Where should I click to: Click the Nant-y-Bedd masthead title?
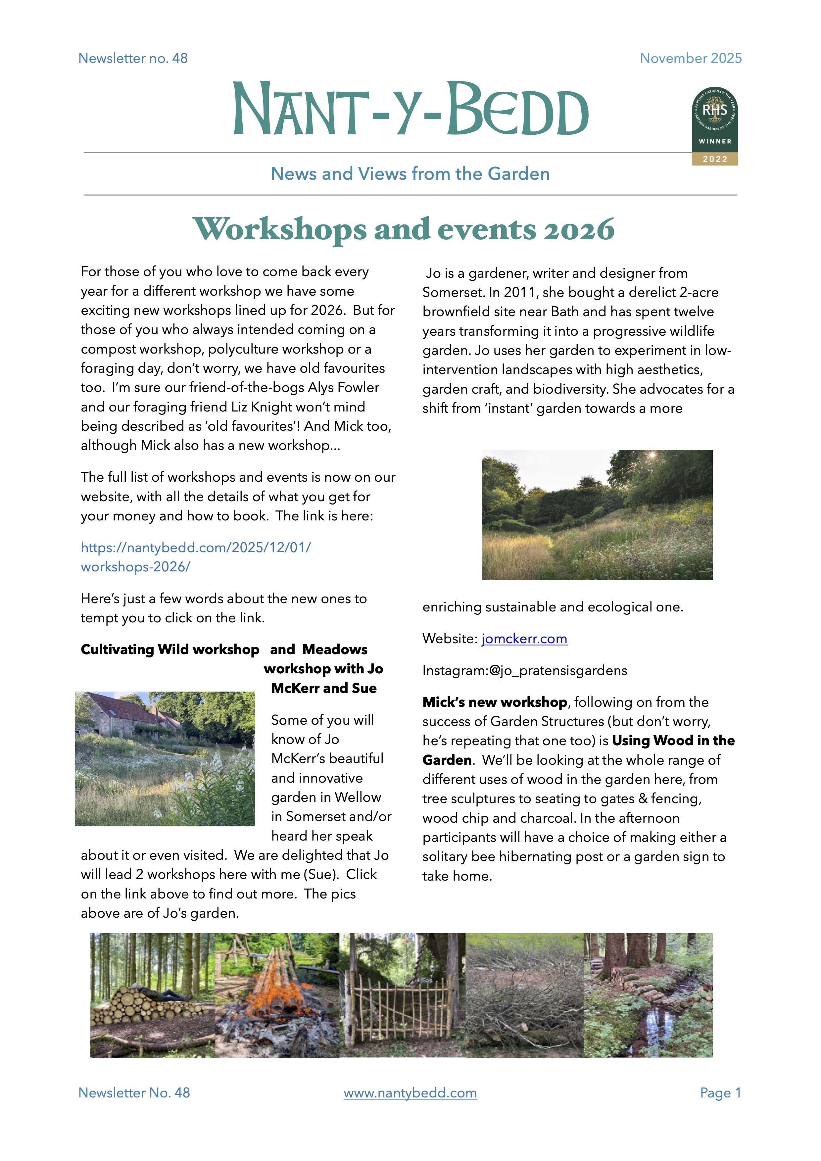410,109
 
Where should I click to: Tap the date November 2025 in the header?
691,58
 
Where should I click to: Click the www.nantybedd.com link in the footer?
410,1093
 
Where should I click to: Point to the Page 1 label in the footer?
720,1093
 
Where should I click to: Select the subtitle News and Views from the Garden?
410,174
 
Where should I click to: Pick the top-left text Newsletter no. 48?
133,58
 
